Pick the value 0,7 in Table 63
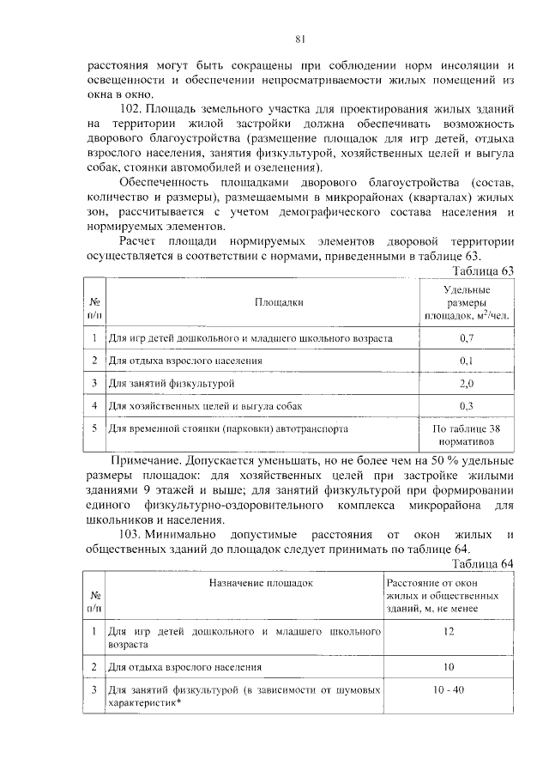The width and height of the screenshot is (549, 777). click(467, 338)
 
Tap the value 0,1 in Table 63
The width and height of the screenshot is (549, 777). click(467, 361)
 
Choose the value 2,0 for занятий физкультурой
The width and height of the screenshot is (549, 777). click(467, 383)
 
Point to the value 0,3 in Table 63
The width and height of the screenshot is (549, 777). click(467, 405)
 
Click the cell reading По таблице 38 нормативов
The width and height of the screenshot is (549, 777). click(467, 434)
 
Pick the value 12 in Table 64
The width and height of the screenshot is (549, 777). click(448, 632)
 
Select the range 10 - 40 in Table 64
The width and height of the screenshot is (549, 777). click(448, 689)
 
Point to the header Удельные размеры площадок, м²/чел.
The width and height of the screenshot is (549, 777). click(467, 303)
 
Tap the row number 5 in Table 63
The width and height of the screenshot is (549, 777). click(94, 427)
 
